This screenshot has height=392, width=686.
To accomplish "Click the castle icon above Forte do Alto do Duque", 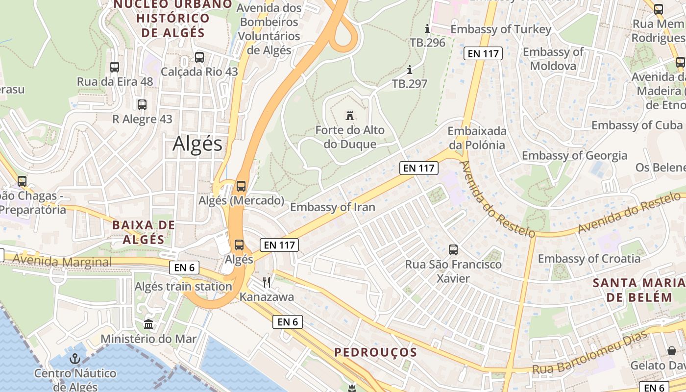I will click(x=350, y=116).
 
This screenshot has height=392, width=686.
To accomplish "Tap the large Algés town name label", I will click(x=197, y=144).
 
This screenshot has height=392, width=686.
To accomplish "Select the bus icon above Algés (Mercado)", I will click(x=241, y=186).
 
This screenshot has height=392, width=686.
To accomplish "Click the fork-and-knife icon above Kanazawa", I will click(x=267, y=282).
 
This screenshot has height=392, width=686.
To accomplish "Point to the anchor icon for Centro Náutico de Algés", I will click(x=75, y=359).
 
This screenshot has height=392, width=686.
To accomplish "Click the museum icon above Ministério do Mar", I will click(x=148, y=324).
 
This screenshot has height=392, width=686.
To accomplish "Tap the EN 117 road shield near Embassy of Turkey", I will click(x=483, y=54).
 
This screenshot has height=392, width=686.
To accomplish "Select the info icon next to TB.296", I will click(x=427, y=28).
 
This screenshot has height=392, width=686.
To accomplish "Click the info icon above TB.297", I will click(x=410, y=70).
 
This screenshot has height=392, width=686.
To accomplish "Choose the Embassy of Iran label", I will click(x=333, y=207).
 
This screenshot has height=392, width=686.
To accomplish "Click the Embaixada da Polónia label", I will click(x=476, y=138).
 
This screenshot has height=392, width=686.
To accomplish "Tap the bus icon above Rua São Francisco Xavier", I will click(x=453, y=250).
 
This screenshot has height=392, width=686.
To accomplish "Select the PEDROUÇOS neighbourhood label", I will click(x=375, y=352).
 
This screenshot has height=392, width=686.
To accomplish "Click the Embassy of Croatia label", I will click(x=589, y=258).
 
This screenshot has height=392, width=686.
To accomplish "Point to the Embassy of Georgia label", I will click(x=574, y=155).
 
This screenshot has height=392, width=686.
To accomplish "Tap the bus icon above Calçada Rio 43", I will click(x=199, y=57).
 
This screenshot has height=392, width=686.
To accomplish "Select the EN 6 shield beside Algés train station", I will click(x=184, y=268).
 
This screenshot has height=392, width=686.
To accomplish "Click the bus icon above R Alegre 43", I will click(x=142, y=104).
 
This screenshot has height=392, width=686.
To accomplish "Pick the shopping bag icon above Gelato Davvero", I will click(x=672, y=351).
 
